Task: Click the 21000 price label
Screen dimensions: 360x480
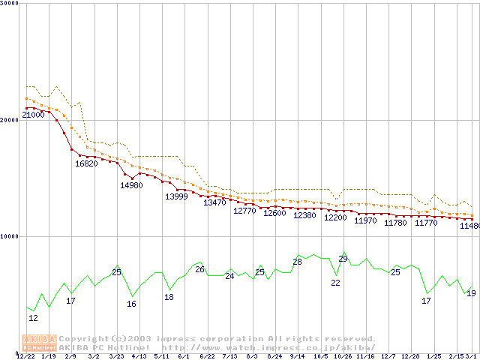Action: pos(33,115)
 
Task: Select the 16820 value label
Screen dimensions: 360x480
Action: pos(86,163)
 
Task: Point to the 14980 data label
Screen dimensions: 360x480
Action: pos(131,185)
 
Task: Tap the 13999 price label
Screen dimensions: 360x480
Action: pos(176,196)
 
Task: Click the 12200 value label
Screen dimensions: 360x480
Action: pos(335,217)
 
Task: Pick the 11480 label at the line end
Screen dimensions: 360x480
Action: pos(470,226)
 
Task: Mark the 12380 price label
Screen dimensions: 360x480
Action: pos(304,215)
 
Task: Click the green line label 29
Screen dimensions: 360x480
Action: pos(343,259)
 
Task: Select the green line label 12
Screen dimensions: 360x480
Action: pos(33,318)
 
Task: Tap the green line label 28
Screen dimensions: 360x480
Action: pos(297,262)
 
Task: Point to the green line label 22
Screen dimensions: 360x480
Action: pos(335,283)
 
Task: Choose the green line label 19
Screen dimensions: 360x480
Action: pos(471,293)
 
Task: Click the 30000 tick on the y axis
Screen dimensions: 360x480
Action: pos(10,4)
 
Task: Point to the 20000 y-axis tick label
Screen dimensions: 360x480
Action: pos(10,120)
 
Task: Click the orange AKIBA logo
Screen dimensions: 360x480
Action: pos(39,343)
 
